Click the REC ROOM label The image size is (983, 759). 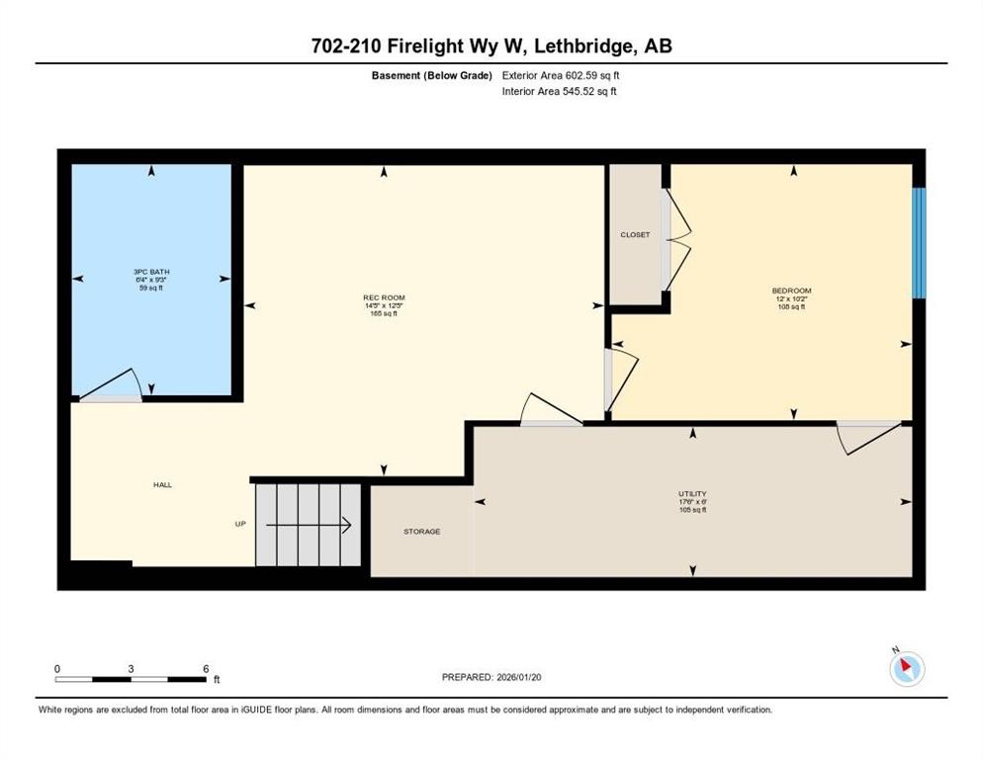click(384, 297)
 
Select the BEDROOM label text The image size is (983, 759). click(791, 291)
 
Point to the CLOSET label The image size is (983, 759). click(635, 234)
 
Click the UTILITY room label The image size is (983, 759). click(692, 493)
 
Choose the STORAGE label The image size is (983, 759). click(421, 532)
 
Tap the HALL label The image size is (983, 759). click(162, 484)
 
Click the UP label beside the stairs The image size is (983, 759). click(239, 524)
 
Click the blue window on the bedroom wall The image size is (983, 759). click(919, 243)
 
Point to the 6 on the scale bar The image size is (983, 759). click(205, 668)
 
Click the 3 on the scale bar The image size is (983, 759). click(131, 668)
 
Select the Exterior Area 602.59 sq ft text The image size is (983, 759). click(561, 75)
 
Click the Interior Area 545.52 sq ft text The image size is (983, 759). click(561, 92)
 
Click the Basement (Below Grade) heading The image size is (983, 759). click(432, 75)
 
